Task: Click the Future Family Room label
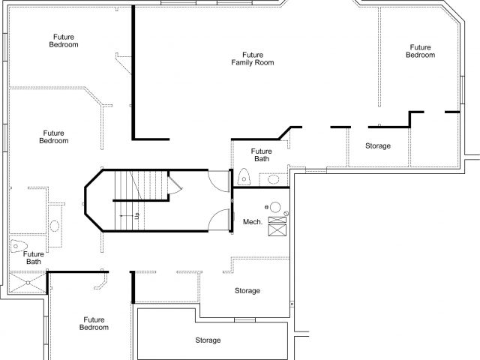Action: click(x=253, y=58)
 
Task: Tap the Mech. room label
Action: click(x=253, y=222)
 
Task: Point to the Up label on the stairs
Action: click(x=136, y=216)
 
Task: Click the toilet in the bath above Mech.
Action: click(x=244, y=177)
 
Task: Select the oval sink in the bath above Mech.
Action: click(x=273, y=179)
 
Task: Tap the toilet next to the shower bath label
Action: click(x=19, y=246)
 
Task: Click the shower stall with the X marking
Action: click(x=28, y=283)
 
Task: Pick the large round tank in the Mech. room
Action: click(x=275, y=207)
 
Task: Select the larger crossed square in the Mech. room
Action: click(x=277, y=230)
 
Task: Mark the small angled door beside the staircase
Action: click(x=175, y=183)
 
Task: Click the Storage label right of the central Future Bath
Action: click(x=378, y=146)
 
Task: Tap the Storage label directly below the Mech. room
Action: click(x=247, y=290)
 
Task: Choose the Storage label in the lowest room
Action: click(x=208, y=340)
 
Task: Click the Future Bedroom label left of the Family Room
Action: click(x=64, y=40)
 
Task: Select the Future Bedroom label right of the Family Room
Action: click(x=420, y=51)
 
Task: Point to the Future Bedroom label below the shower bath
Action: click(x=94, y=323)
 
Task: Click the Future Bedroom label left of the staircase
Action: click(x=53, y=136)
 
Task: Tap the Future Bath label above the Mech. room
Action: click(x=262, y=155)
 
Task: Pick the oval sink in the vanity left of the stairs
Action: click(x=55, y=226)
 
